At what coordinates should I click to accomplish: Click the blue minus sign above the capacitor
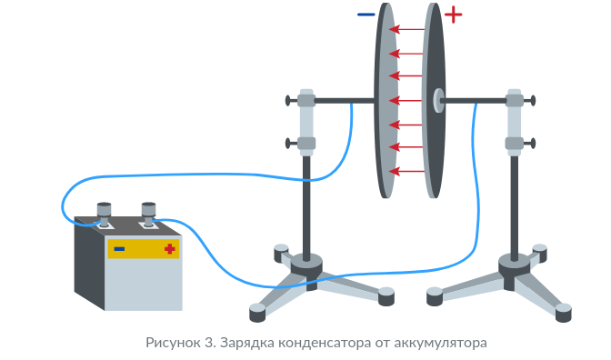pos(366,15)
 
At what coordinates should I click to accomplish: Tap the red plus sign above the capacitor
pos(453,15)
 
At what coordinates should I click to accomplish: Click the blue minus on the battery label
pos(119,248)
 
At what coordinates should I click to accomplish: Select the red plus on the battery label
pos(169,248)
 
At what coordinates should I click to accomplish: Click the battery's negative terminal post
pos(104,214)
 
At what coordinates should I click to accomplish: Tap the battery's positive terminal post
pos(148,214)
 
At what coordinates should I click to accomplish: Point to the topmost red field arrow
pos(406,29)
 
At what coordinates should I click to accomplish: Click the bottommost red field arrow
pos(406,171)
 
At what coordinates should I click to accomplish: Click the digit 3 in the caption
pos(208,343)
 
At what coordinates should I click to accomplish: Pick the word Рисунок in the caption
pos(173,344)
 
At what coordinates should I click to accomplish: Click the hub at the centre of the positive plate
pos(439,101)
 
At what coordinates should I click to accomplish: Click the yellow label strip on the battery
pos(144,249)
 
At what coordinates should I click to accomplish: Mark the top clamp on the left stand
pos(306,101)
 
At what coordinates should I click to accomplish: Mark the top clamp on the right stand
pos(515,101)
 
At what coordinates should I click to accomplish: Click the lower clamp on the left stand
pos(306,144)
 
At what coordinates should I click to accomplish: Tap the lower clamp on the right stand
pos(515,144)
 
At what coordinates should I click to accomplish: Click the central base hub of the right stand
pos(515,270)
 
